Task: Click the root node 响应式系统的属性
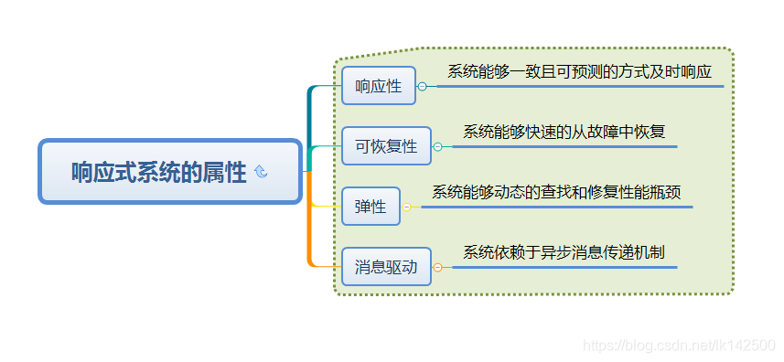point(169,172)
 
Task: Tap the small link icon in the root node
point(261,172)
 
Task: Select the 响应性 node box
point(378,86)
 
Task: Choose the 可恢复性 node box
point(386,146)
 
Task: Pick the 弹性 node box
point(371,207)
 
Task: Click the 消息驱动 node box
point(386,267)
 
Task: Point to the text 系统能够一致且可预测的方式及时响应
point(579,71)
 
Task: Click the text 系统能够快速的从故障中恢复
point(564,132)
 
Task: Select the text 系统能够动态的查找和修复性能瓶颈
point(556,192)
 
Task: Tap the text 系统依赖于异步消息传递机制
point(564,252)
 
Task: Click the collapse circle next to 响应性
point(422,87)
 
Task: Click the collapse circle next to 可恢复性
point(437,146)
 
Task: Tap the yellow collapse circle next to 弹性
point(407,208)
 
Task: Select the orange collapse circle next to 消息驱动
point(437,268)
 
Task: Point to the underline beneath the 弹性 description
point(558,208)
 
